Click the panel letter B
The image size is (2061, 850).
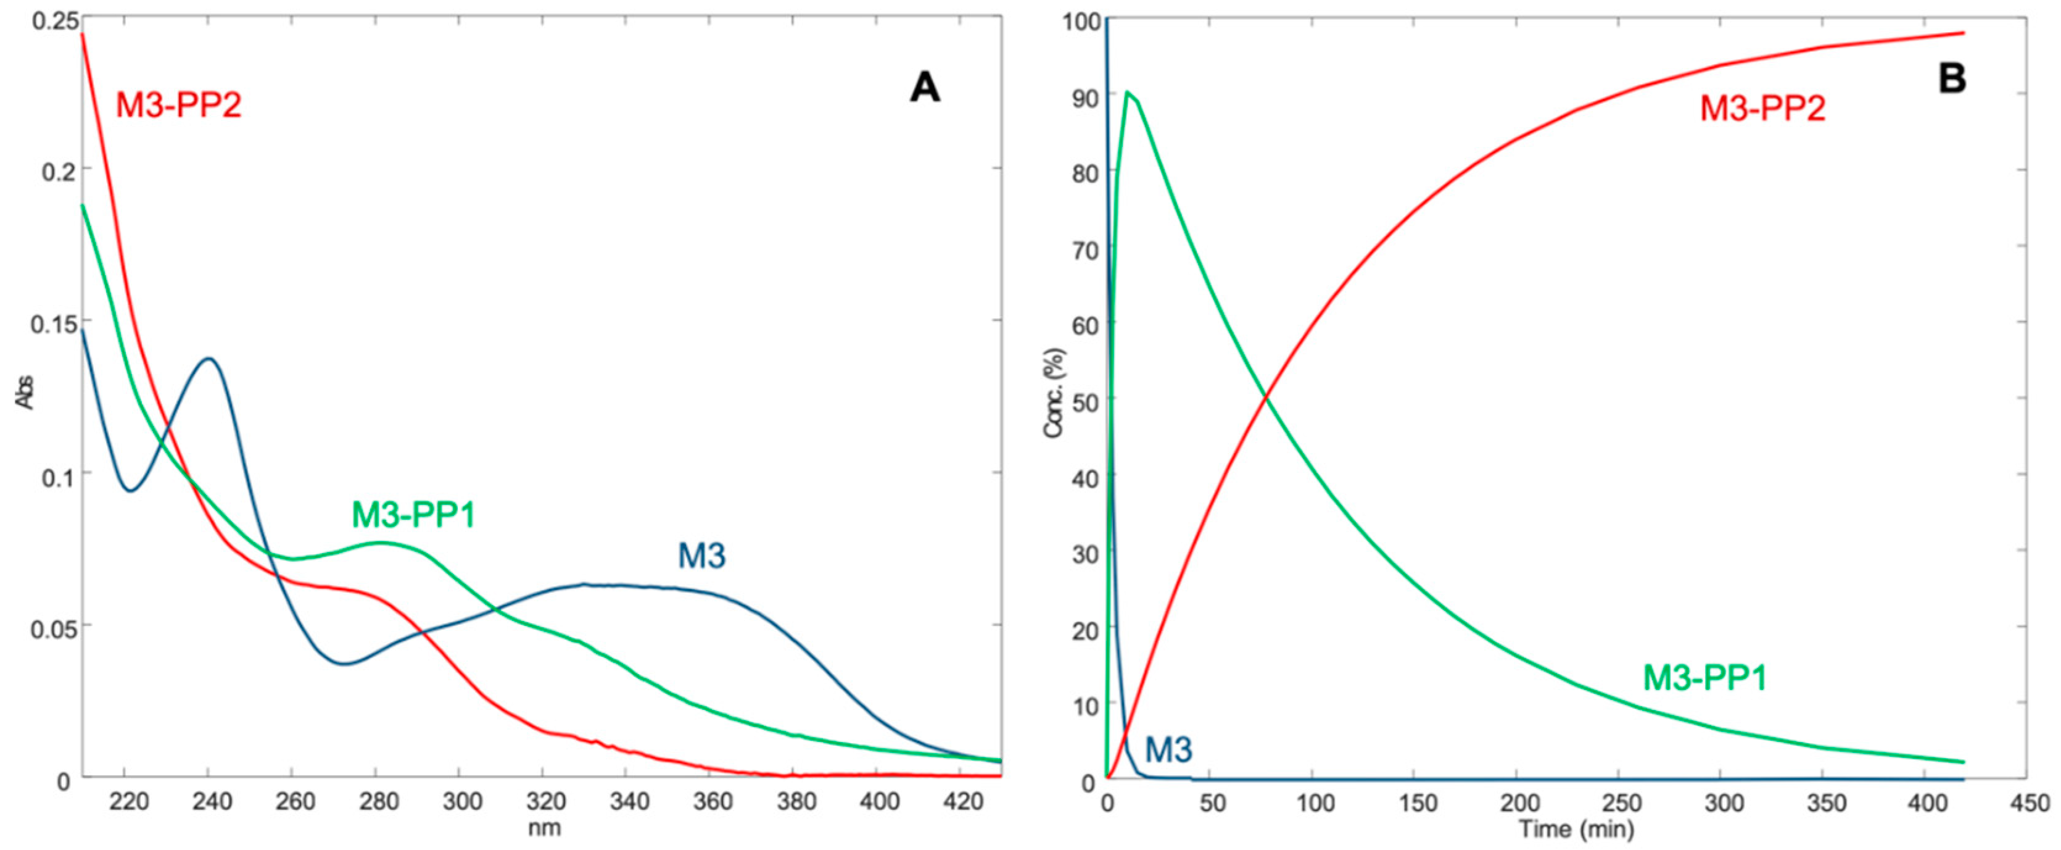(1953, 80)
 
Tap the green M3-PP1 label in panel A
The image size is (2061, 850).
(414, 515)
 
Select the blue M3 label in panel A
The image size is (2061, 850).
(701, 556)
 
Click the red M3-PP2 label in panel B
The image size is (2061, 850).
(1762, 108)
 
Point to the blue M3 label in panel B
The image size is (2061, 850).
(1168, 750)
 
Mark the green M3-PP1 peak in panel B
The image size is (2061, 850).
(1127, 92)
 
